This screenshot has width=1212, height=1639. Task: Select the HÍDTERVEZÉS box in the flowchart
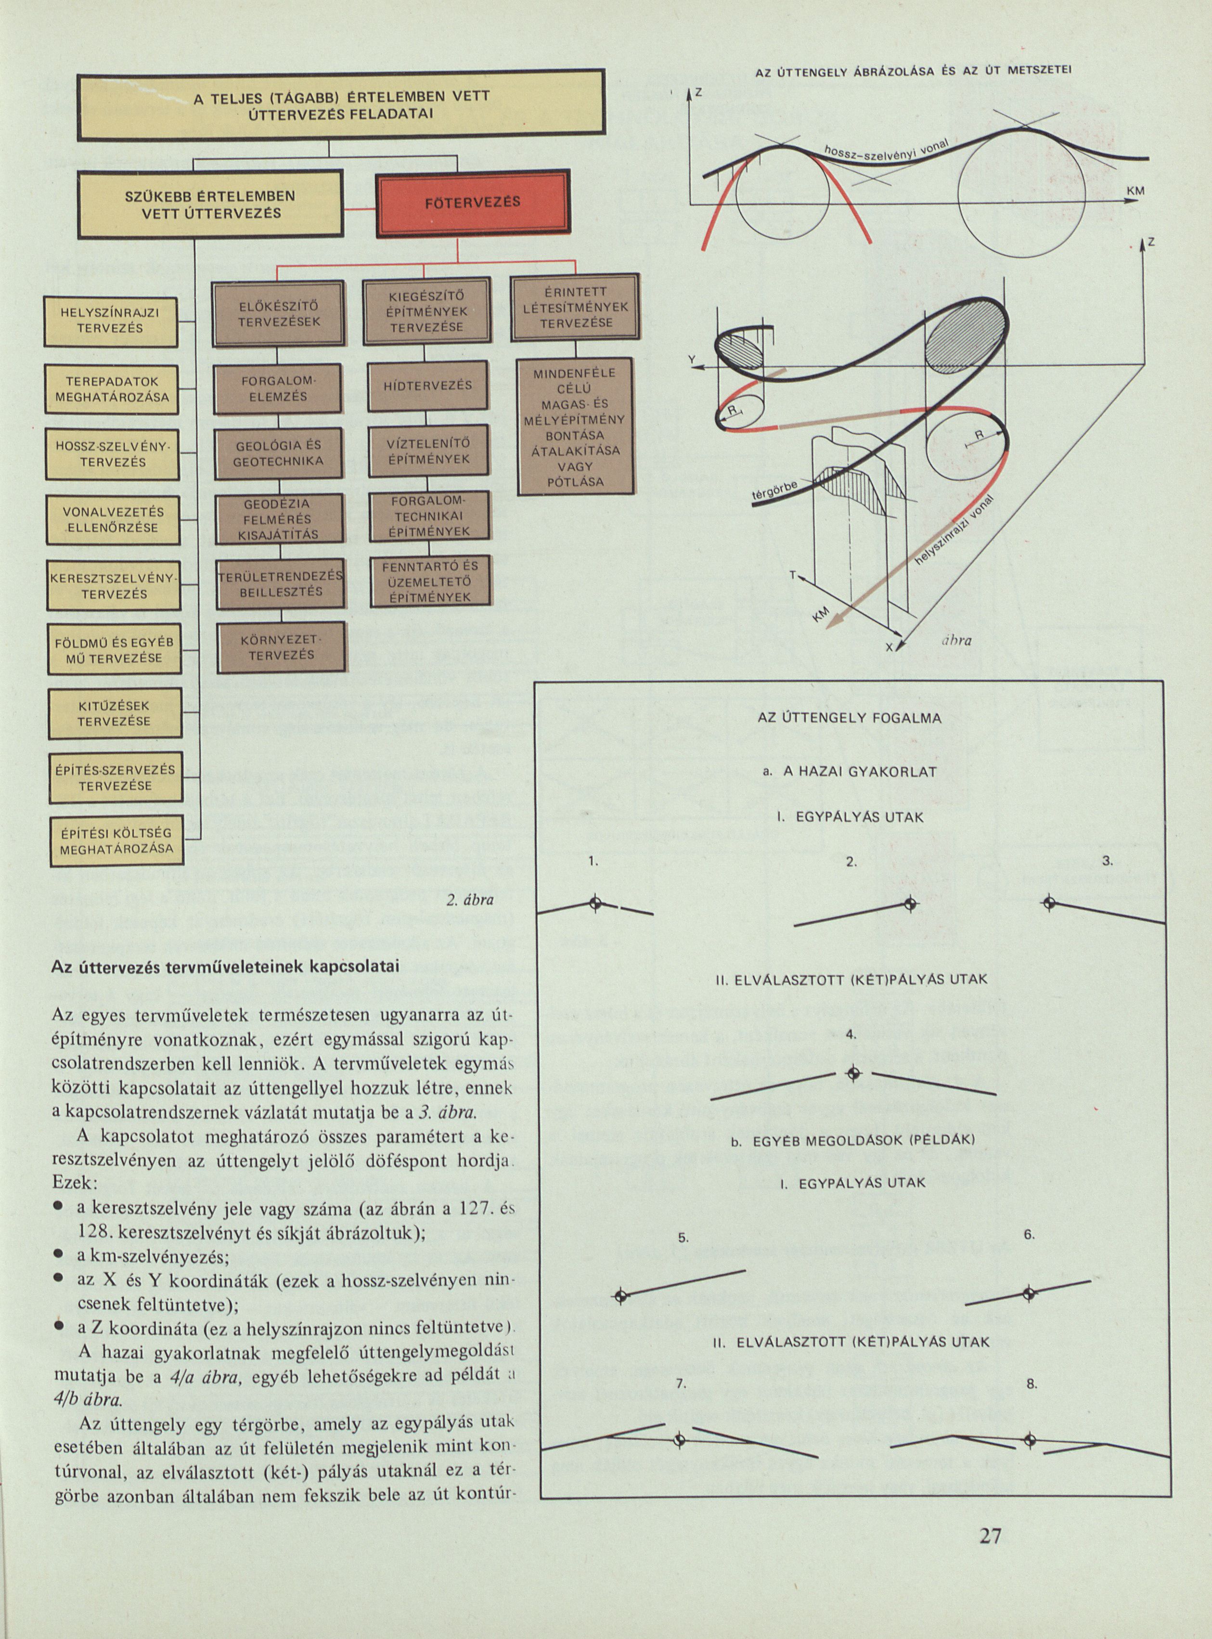(x=428, y=385)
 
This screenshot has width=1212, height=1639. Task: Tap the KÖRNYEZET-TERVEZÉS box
(x=281, y=648)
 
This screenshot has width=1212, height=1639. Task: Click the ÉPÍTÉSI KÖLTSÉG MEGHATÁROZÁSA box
(x=116, y=841)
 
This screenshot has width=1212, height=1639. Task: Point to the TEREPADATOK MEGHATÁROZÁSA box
(x=112, y=389)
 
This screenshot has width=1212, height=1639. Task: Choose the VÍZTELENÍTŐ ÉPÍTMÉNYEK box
(x=428, y=451)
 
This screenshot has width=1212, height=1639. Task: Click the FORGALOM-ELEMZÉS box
(x=278, y=389)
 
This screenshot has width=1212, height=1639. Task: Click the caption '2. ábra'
(x=469, y=900)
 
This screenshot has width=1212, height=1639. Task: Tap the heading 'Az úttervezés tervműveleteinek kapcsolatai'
(x=225, y=966)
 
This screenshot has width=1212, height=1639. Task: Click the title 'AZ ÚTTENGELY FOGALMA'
(x=849, y=718)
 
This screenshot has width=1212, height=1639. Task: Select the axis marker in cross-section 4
(x=852, y=1074)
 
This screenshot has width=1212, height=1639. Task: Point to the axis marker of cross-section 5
(x=620, y=1296)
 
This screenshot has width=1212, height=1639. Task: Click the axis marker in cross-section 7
(x=679, y=1440)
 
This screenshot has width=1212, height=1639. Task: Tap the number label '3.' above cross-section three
(x=1107, y=861)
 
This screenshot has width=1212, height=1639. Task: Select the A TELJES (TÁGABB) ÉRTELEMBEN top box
(x=341, y=105)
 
